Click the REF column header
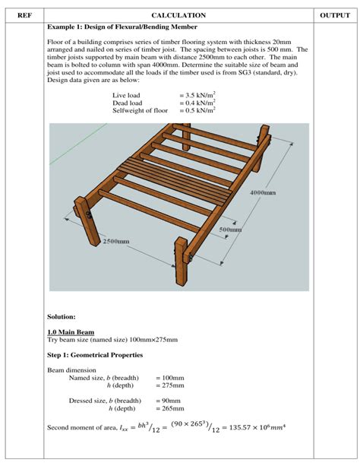(x=24, y=15)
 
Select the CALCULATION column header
(x=178, y=15)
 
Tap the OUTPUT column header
(x=335, y=15)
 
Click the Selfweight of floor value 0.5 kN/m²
(x=197, y=111)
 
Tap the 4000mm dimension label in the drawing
(x=262, y=193)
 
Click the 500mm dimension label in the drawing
(x=230, y=229)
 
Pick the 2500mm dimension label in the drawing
(x=115, y=242)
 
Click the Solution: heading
(x=62, y=316)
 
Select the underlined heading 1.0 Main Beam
(x=71, y=332)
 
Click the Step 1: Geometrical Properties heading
(x=94, y=355)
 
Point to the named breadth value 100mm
(x=170, y=378)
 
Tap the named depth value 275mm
(x=170, y=385)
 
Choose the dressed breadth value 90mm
(x=169, y=401)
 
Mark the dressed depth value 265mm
(x=170, y=408)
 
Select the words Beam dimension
(x=71, y=370)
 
